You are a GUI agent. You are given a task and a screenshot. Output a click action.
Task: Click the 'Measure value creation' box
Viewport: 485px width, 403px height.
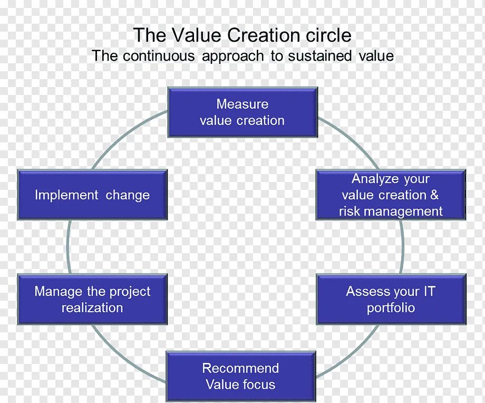click(x=242, y=112)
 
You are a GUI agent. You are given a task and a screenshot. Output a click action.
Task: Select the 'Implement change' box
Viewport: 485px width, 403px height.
click(x=92, y=195)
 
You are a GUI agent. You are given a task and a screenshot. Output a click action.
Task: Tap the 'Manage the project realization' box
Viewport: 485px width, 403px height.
click(x=92, y=299)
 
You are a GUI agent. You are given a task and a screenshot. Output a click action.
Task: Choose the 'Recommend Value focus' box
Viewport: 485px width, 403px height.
click(x=241, y=376)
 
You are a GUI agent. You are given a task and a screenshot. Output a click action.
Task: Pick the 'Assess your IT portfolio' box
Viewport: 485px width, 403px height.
click(x=391, y=299)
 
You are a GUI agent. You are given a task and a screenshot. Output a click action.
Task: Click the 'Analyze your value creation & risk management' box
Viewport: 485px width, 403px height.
click(x=391, y=195)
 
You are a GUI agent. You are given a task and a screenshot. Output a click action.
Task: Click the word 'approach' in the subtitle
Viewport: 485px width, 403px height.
click(x=232, y=56)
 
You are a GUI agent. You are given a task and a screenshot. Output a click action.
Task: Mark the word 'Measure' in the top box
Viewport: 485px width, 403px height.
click(x=242, y=104)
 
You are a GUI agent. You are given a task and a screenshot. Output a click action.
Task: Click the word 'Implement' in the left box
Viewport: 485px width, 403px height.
click(x=66, y=195)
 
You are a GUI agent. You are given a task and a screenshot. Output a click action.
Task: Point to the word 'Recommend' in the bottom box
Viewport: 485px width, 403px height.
click(x=240, y=368)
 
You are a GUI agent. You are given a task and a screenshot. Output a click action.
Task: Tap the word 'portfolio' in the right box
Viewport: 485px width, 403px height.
click(x=391, y=308)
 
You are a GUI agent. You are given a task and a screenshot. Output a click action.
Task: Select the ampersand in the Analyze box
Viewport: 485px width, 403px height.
click(x=434, y=195)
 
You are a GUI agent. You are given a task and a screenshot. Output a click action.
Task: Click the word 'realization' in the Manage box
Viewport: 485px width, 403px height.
click(x=92, y=308)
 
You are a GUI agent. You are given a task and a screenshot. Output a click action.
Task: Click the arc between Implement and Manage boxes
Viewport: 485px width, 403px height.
click(x=68, y=247)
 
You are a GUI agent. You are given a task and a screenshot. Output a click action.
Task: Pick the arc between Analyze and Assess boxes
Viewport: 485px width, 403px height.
click(x=403, y=247)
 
